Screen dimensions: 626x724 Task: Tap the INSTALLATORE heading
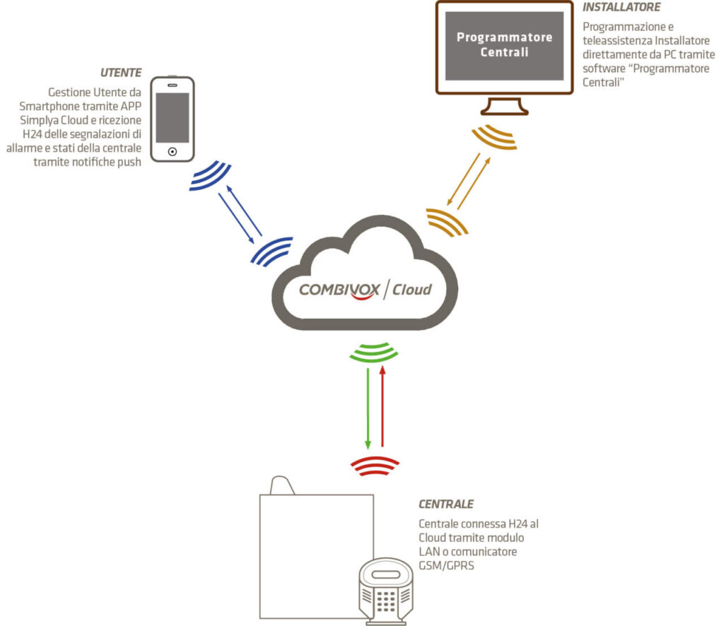[x=621, y=7]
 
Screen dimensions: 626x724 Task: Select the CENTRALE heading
[x=445, y=504]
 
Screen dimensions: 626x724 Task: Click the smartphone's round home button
[x=173, y=151]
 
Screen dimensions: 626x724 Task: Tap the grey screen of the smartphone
[x=173, y=117]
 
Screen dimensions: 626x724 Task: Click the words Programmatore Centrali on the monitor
[x=504, y=45]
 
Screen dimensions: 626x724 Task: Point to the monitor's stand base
[x=504, y=110]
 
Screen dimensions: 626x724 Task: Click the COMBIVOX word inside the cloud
[x=339, y=290]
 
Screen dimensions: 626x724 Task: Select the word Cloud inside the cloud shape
[x=411, y=290]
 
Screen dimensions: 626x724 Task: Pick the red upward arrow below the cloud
[x=383, y=406]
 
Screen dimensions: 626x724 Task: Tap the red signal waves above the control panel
[x=375, y=464]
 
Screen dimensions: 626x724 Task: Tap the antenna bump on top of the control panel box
[x=281, y=486]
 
